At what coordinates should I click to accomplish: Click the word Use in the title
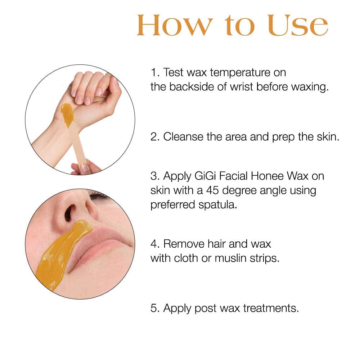298,25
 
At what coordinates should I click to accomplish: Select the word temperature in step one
240,73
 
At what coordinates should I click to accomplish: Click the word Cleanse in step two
183,137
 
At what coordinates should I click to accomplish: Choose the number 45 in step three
212,190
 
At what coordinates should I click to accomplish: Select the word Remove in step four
184,244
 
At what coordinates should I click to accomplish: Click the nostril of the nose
69,213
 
